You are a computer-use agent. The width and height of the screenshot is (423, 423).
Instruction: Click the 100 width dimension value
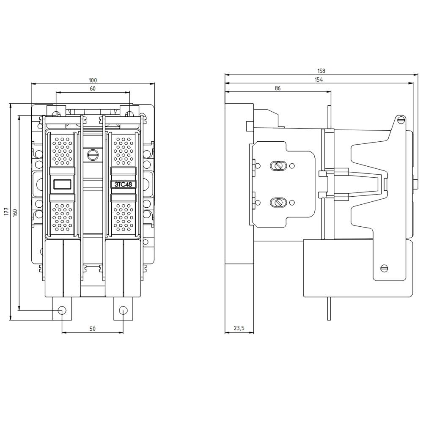93,80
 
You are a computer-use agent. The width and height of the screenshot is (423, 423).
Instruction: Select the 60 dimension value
93,88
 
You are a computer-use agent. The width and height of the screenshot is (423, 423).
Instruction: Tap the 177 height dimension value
6,212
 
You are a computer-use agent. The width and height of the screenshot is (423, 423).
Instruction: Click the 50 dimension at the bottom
93,329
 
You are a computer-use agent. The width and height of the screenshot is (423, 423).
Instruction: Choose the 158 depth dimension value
321,71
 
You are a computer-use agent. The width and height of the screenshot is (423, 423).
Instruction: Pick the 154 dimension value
319,80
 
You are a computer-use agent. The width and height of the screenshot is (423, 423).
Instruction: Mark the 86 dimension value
277,88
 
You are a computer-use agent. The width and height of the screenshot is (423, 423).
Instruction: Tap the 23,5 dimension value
239,328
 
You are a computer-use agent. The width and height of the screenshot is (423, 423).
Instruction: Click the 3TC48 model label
123,184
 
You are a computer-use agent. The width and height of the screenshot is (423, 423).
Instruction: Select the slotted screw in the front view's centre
92,155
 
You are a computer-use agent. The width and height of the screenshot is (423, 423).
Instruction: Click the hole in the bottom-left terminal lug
62,310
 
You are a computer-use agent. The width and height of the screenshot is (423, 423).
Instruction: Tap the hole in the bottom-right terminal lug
123,310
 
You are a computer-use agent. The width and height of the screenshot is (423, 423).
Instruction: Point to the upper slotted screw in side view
278,165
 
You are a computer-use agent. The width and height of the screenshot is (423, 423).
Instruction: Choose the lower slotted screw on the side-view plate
278,203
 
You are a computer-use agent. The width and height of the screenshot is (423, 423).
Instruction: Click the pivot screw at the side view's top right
400,120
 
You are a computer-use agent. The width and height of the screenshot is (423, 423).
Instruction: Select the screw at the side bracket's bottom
384,268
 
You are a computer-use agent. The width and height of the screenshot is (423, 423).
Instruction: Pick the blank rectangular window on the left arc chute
62,184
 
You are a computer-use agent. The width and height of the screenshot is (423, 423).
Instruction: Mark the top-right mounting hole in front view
129,114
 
